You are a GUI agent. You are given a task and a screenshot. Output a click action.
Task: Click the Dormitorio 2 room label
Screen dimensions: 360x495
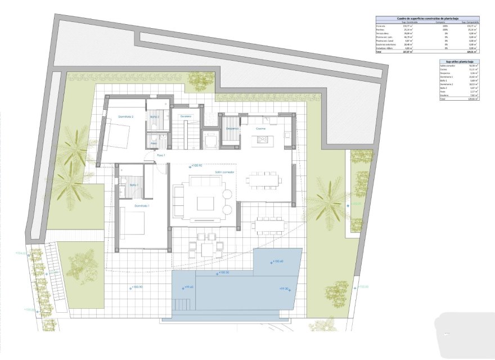125,116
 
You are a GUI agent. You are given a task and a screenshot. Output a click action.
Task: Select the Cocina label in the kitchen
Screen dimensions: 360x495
261,129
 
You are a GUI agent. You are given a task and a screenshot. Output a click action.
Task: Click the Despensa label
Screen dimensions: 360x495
232,128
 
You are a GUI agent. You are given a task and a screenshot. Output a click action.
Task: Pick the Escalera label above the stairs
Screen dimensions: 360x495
186,116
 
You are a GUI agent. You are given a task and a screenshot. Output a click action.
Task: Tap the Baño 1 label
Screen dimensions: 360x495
134,185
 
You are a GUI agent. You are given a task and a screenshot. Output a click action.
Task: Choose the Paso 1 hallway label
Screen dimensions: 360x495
161,155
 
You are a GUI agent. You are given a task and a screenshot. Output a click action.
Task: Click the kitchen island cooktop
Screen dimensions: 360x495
263,140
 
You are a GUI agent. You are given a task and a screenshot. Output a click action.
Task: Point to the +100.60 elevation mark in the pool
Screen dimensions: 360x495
278,261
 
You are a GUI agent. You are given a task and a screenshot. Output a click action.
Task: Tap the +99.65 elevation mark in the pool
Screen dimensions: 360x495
188,287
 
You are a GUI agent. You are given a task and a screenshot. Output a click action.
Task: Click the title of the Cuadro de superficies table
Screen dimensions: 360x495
427,19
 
